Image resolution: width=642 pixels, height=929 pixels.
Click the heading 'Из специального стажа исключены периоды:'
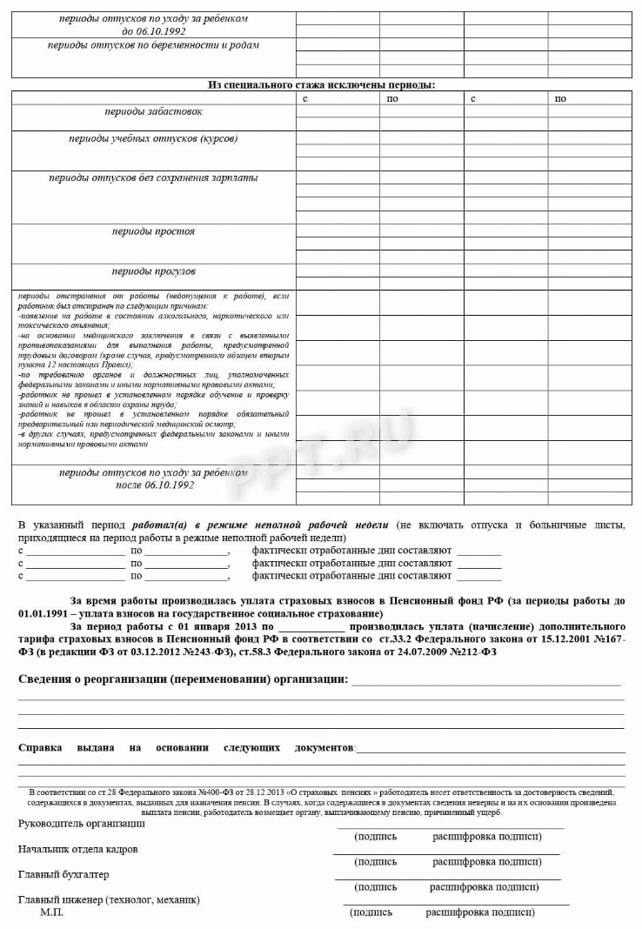pyautogui.click(x=321, y=84)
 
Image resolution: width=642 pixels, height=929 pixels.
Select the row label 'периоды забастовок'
pyautogui.click(x=153, y=111)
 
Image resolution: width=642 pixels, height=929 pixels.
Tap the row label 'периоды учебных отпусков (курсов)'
pyautogui.click(x=153, y=138)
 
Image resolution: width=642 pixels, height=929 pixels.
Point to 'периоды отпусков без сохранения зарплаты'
pyautogui.click(x=153, y=177)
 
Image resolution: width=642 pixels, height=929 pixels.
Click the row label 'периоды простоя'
pyautogui.click(x=153, y=231)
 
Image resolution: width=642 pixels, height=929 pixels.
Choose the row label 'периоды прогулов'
pyautogui.click(x=153, y=271)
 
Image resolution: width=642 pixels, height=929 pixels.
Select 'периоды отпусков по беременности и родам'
pyautogui.click(x=153, y=45)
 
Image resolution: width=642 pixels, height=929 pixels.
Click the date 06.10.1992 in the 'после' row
pyautogui.click(x=167, y=485)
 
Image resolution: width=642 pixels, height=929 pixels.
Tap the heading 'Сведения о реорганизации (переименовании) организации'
pyautogui.click(x=183, y=678)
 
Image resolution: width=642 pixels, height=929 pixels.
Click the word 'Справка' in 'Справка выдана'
pyautogui.click(x=40, y=747)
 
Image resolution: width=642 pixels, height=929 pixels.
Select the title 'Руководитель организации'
pyautogui.click(x=82, y=823)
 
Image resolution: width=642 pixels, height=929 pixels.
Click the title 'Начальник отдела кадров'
pyautogui.click(x=77, y=848)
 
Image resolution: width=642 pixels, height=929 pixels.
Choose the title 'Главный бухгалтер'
pyautogui.click(x=64, y=873)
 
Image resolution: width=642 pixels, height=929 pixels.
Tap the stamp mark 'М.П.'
pyautogui.click(x=51, y=912)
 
